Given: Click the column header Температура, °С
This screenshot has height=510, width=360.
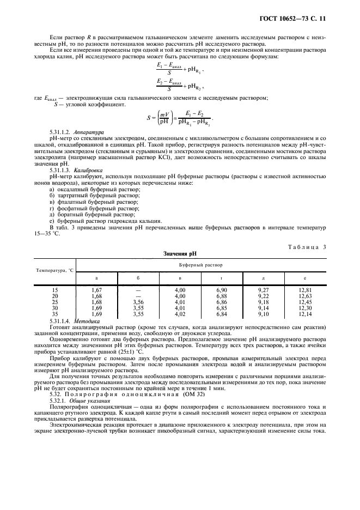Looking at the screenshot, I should [x=55, y=270].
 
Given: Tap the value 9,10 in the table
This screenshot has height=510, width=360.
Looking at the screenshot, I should [x=263, y=314].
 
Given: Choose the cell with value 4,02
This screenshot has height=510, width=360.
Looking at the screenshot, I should [x=180, y=314].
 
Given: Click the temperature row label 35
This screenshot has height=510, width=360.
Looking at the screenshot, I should [x=54, y=314].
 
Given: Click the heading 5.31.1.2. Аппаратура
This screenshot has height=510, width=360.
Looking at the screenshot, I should [x=80, y=132].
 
